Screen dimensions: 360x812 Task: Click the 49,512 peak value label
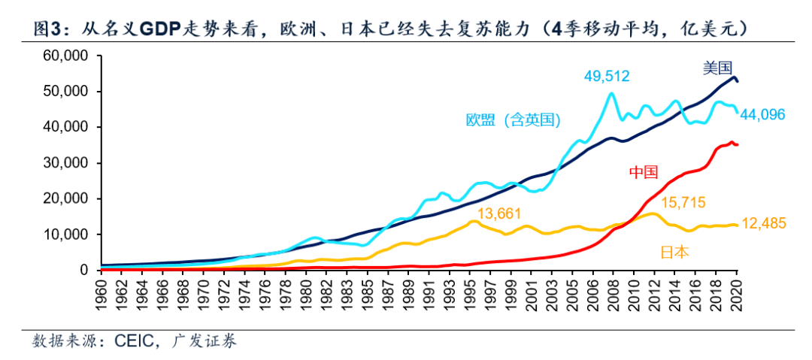[607, 76]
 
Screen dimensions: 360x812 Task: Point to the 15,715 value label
[685, 204]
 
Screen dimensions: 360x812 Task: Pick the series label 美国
[717, 68]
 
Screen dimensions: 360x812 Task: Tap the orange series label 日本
[674, 252]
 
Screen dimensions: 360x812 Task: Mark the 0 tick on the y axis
[85, 270]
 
